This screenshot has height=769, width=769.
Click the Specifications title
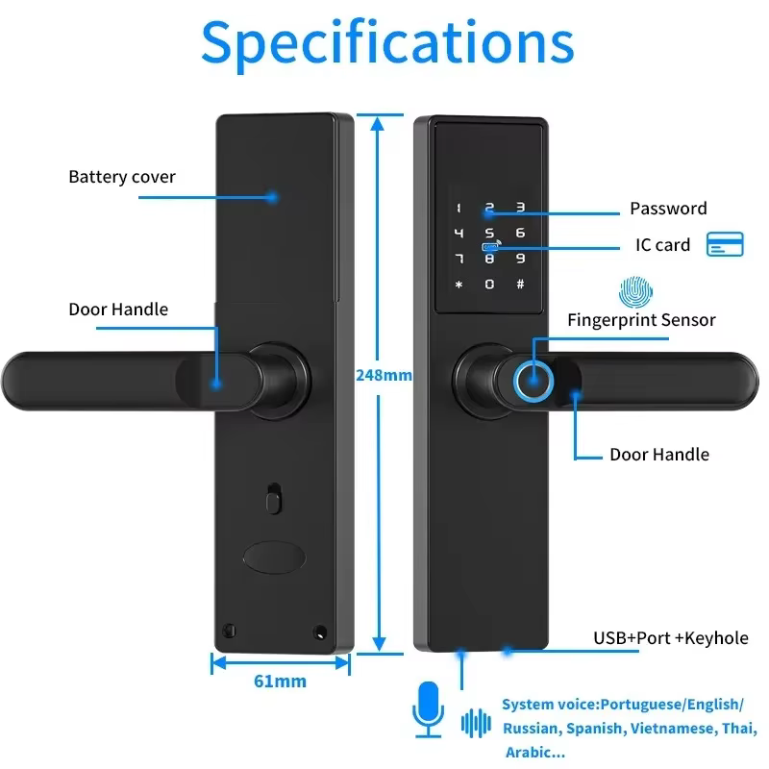387,43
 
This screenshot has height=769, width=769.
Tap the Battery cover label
122,177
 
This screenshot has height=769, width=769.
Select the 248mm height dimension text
384,375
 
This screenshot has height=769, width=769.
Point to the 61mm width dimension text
280,682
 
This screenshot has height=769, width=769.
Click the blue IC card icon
725,244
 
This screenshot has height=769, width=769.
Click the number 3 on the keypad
520,207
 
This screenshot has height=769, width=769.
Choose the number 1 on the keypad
459,207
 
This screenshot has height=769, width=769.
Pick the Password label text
668,209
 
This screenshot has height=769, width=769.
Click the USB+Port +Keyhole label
670,637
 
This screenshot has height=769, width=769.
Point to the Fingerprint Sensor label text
641,320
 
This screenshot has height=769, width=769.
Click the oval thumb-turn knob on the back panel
274,557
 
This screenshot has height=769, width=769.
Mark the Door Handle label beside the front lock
659,455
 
